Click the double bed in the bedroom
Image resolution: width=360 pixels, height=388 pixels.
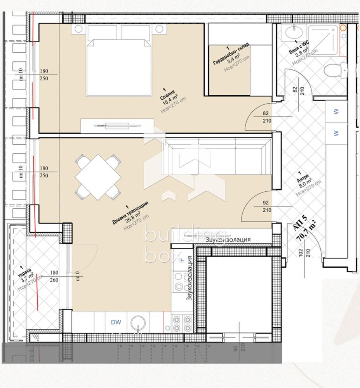coord(118,62)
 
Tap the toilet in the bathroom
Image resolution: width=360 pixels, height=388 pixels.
coord(334,71)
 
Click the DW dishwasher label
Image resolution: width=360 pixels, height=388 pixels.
coord(116,322)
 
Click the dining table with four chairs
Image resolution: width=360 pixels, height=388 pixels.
coord(97,177)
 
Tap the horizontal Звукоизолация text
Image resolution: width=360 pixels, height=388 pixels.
coord(228,240)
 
